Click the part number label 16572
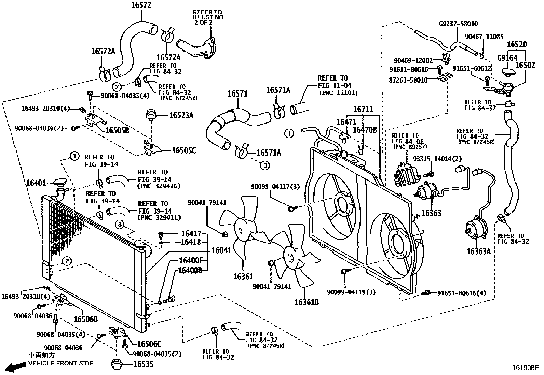pos(141,5)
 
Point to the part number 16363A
pos(478,251)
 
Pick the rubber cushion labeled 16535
pos(117,364)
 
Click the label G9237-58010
pos(458,24)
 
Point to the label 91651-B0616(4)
pos(461,293)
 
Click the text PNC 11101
pos(338,92)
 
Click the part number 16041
pos(221,250)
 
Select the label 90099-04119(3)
pos(351,292)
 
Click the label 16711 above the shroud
pos(363,109)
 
